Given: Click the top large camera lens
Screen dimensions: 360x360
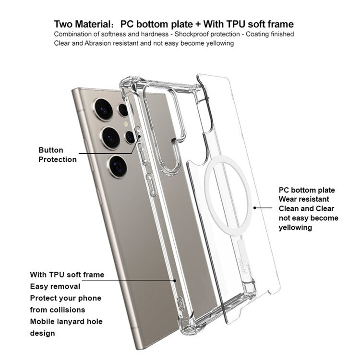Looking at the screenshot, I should [103, 109].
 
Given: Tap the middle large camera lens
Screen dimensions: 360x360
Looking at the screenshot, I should [111, 137].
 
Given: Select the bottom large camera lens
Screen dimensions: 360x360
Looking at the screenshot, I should [118, 166].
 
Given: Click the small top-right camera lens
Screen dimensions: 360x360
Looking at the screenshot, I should [124, 110].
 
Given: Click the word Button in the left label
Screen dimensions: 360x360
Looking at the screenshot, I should [51, 150].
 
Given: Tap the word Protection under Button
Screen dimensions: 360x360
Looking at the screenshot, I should [58, 159].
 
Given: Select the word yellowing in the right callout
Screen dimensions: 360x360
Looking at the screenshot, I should [295, 228].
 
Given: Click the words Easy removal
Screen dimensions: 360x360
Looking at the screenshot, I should [55, 287].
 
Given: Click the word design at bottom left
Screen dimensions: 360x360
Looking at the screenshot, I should [43, 333].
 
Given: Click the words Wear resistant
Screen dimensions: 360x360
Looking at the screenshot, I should [304, 199].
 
